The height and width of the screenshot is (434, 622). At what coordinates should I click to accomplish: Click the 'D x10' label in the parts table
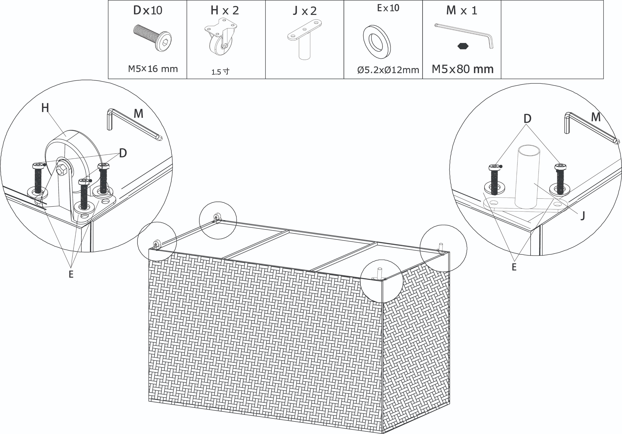coord(148,10)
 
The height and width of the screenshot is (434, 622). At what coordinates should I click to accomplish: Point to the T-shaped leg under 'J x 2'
coord(304,39)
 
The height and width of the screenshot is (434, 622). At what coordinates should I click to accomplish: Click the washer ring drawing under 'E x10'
coord(377,42)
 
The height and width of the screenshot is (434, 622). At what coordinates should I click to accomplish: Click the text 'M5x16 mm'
coord(153,69)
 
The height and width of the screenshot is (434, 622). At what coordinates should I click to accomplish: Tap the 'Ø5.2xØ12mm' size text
coord(388,70)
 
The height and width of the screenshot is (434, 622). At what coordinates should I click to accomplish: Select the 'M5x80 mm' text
coord(462,69)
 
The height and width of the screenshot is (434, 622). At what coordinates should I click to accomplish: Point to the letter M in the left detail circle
coord(138,114)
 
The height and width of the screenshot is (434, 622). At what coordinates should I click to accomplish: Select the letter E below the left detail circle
coord(71,274)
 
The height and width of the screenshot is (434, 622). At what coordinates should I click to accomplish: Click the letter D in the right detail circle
coord(527,118)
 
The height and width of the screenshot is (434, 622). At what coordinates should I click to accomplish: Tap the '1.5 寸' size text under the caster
coord(220,72)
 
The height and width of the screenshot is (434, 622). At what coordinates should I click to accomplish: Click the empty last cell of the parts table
coord(552,40)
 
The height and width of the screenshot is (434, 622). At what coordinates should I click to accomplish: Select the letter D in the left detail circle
coord(123,153)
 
